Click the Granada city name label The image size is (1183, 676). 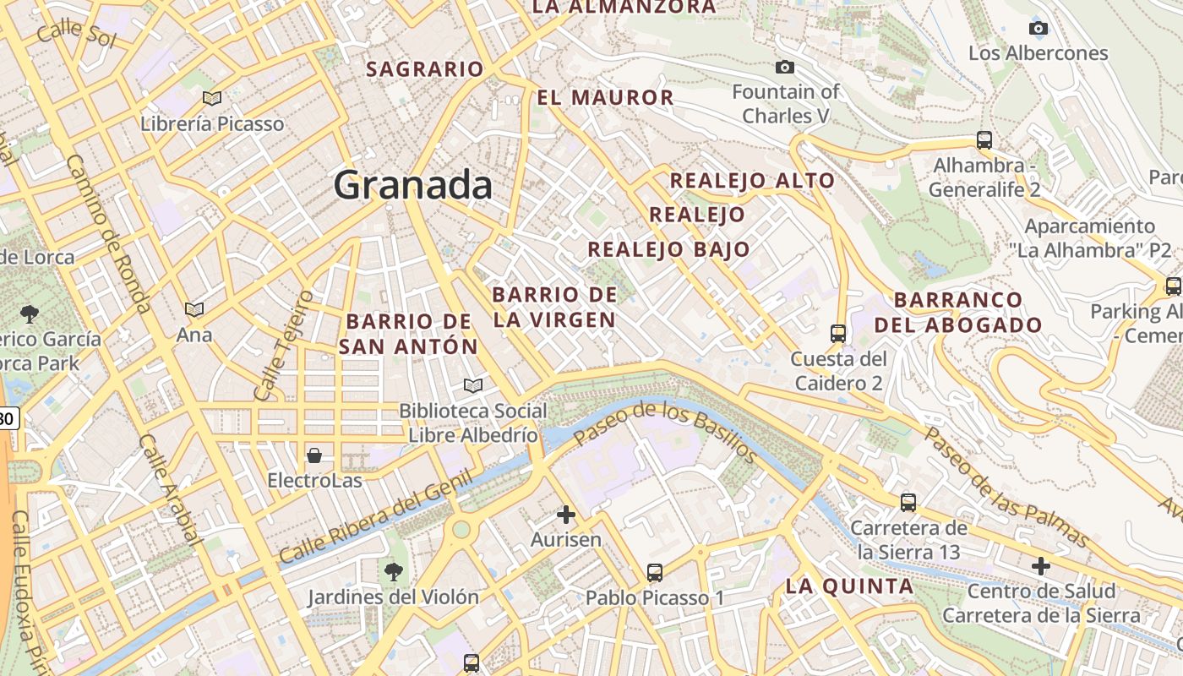coord(412,184)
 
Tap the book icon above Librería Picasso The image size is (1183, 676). coord(212,99)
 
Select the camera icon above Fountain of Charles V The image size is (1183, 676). coord(785,67)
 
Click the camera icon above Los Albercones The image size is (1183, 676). coord(1039,28)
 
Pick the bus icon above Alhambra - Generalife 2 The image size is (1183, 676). coord(984,140)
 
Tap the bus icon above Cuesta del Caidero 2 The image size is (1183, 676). coord(837,333)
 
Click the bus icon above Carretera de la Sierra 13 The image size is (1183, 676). coord(908,503)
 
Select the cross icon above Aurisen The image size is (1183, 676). coord(566,514)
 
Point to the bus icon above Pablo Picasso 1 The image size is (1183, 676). coord(655,572)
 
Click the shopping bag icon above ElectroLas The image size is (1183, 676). coord(314,455)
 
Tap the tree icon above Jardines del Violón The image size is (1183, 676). coord(393,571)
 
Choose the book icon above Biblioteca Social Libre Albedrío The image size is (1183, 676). coord(473,386)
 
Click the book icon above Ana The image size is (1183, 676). coord(194,310)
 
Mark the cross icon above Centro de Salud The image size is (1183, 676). coord(1041,565)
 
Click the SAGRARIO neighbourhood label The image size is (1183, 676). coord(424,69)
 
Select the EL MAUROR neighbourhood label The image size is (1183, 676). coord(605,98)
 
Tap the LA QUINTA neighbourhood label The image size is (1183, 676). coord(849,586)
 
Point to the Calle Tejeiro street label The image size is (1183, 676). coord(283,346)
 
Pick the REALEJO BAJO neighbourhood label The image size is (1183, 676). coord(668,249)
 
